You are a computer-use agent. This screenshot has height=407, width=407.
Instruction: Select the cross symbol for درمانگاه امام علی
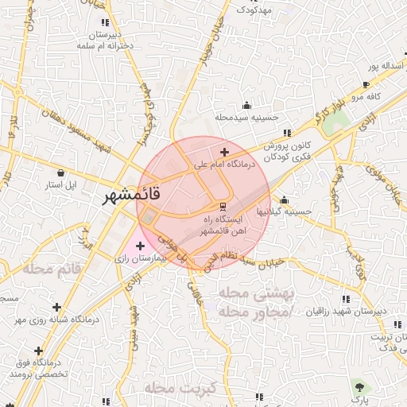pos(225,152)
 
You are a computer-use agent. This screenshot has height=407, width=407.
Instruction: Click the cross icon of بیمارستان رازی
pos(141,246)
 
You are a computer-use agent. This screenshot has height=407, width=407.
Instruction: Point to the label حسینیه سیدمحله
pos(246,117)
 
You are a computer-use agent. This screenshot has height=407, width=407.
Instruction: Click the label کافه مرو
pos(369,96)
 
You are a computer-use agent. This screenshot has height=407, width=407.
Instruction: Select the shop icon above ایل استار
pos(61,172)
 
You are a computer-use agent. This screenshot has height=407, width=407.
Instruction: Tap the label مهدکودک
pos(254,10)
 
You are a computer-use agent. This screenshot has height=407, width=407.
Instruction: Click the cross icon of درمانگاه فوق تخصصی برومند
pos(37,351)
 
